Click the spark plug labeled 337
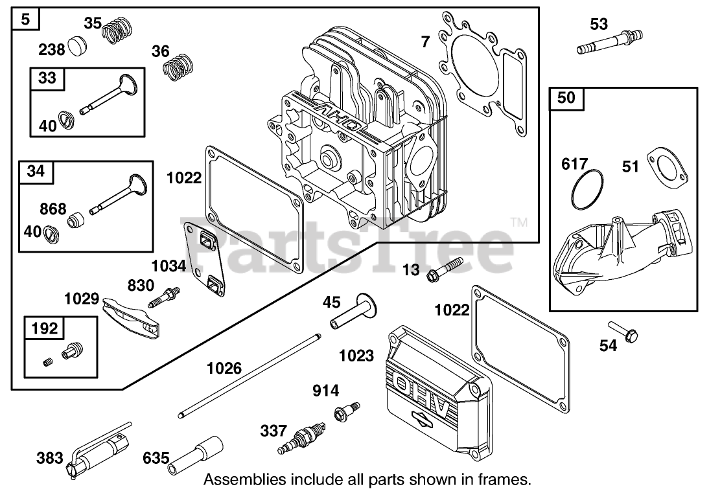[301, 438]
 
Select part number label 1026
[224, 369]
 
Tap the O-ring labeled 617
[587, 190]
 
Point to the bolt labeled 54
[623, 332]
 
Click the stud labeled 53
[610, 41]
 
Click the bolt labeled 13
[445, 270]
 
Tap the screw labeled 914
[346, 411]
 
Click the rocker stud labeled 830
[164, 297]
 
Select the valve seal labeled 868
[76, 220]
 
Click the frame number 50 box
[566, 98]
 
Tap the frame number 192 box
[44, 328]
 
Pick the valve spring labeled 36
[178, 67]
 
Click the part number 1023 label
[356, 356]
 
